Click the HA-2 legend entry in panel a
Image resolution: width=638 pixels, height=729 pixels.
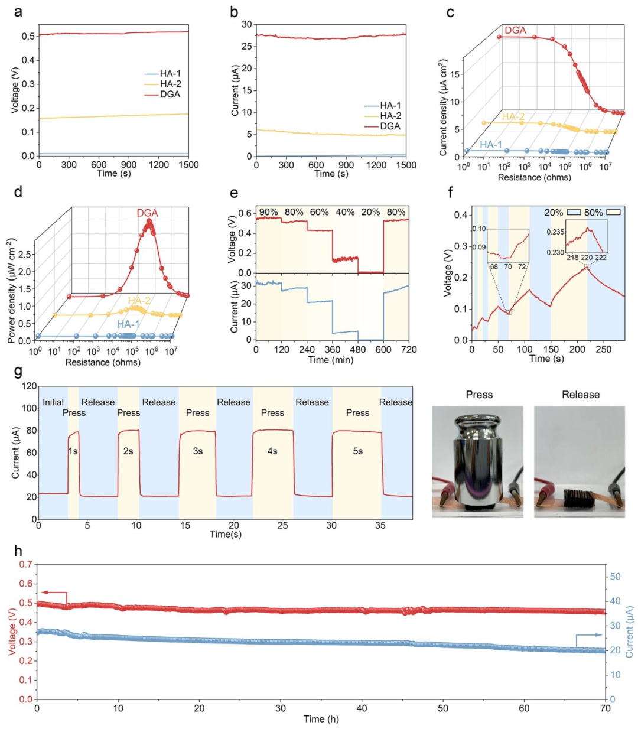click(x=162, y=84)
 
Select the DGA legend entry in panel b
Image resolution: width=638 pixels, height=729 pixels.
click(x=382, y=126)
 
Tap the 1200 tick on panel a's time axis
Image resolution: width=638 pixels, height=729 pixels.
click(x=158, y=165)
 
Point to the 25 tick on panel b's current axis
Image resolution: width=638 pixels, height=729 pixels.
click(x=246, y=46)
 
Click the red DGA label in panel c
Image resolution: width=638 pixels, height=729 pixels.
click(x=515, y=30)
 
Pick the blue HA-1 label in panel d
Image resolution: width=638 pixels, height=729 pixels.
click(x=128, y=324)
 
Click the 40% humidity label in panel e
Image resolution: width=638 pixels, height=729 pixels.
click(x=345, y=212)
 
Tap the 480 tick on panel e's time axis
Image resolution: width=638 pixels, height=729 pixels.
click(x=357, y=350)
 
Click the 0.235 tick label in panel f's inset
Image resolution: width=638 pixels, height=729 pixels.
click(x=556, y=232)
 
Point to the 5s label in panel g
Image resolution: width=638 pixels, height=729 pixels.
click(x=357, y=451)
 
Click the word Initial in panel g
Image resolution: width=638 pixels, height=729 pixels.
click(x=53, y=402)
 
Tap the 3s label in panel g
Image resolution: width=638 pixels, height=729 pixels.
click(x=198, y=451)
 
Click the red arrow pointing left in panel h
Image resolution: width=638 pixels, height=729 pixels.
click(x=54, y=592)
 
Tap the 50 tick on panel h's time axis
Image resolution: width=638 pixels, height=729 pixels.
click(x=443, y=708)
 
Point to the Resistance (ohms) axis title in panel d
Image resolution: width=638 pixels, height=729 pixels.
click(x=103, y=362)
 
